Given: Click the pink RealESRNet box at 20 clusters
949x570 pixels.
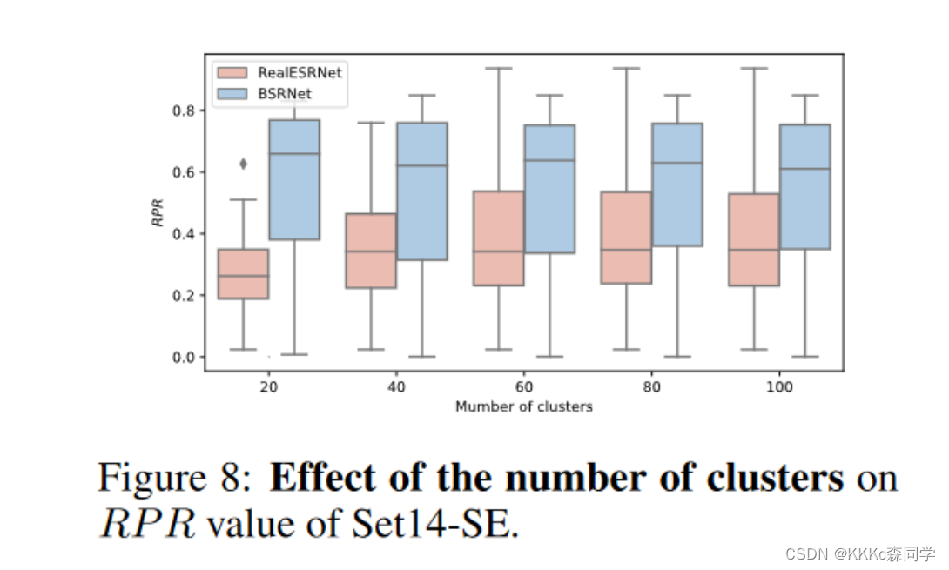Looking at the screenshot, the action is coord(243,273).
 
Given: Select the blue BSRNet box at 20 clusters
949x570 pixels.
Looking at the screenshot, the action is coord(294,180).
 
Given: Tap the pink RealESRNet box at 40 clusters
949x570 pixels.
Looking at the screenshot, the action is coord(371,251).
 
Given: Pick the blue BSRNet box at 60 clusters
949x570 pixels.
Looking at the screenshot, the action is coord(549,189).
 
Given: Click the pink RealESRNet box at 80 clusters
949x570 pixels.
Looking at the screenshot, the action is coord(626,238).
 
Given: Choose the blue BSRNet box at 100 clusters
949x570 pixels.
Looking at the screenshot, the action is coord(805,186).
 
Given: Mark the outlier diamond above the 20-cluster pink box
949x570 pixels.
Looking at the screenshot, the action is coord(243,164).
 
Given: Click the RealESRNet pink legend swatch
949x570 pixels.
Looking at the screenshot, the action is coord(232,72).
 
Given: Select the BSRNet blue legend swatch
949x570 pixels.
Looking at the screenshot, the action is coord(232,94).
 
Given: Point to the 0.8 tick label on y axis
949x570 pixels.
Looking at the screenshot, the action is coord(184,111).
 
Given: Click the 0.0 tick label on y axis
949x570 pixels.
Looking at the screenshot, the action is coord(184,358).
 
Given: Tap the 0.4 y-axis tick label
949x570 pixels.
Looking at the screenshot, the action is coord(184,234).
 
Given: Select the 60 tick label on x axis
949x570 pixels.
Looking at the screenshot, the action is coord(524,386).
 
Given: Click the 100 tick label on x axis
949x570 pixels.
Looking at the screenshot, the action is coord(779,386).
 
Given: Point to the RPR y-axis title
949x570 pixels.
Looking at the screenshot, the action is coord(158,212).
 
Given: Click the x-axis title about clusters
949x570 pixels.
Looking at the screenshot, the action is coord(524,406).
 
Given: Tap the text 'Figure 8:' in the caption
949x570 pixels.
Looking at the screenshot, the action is coord(175,478).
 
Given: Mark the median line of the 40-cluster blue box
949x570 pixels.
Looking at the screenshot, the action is coord(422,165).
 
